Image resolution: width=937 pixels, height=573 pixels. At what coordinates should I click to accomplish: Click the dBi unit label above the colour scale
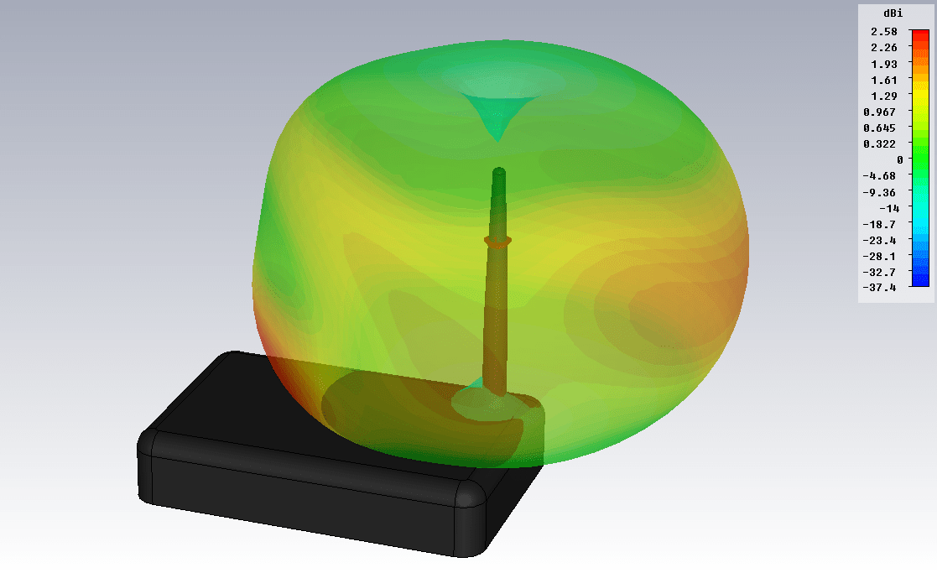tap(893, 13)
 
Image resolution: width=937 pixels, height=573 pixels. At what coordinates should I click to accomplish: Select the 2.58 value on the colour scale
tap(884, 32)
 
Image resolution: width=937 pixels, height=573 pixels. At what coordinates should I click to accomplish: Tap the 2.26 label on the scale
tap(884, 48)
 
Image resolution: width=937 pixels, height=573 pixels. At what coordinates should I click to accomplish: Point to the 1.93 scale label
tap(884, 64)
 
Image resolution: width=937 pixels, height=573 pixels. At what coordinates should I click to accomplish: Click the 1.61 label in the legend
tap(884, 80)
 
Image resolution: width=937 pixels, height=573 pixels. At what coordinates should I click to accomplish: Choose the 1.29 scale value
tap(884, 96)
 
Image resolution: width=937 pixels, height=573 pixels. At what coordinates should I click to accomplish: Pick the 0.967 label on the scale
tap(880, 112)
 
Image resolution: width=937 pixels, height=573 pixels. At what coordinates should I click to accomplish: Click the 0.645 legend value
tap(880, 128)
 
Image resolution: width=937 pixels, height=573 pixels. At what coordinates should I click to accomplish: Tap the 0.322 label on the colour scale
tap(880, 144)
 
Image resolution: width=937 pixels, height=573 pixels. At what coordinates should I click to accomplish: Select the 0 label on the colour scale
tap(900, 160)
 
